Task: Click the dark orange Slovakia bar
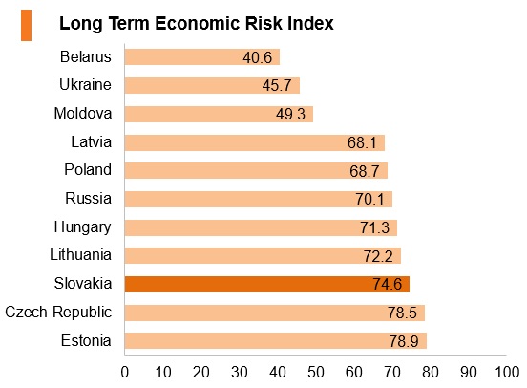click(x=267, y=285)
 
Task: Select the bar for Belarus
click(x=202, y=57)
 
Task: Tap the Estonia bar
click(x=276, y=341)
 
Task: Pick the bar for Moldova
click(x=219, y=114)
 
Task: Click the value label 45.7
click(x=277, y=85)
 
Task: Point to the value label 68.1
click(x=362, y=142)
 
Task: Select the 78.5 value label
click(x=402, y=313)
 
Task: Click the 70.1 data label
click(x=369, y=199)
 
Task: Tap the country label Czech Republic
click(x=58, y=313)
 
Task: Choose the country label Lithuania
click(x=80, y=255)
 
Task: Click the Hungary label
click(x=83, y=227)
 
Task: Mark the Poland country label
click(x=88, y=169)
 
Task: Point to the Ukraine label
click(x=85, y=84)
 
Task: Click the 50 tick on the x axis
click(x=316, y=373)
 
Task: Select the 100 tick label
click(x=507, y=373)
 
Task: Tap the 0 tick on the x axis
click(x=125, y=373)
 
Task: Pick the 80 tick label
click(x=431, y=373)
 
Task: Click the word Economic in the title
click(x=197, y=24)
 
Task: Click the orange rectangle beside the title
click(x=26, y=25)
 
